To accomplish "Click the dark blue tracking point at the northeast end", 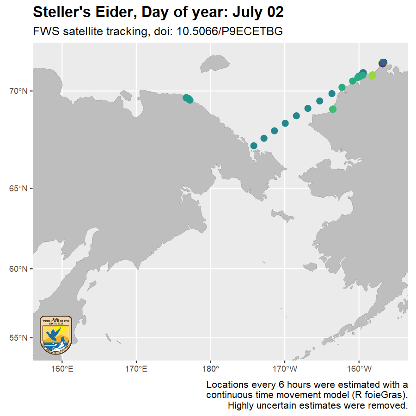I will click(383, 63).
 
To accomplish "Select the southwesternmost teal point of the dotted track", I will click(254, 146).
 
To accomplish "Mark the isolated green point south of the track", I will click(333, 109).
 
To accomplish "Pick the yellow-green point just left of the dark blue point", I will click(373, 75).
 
